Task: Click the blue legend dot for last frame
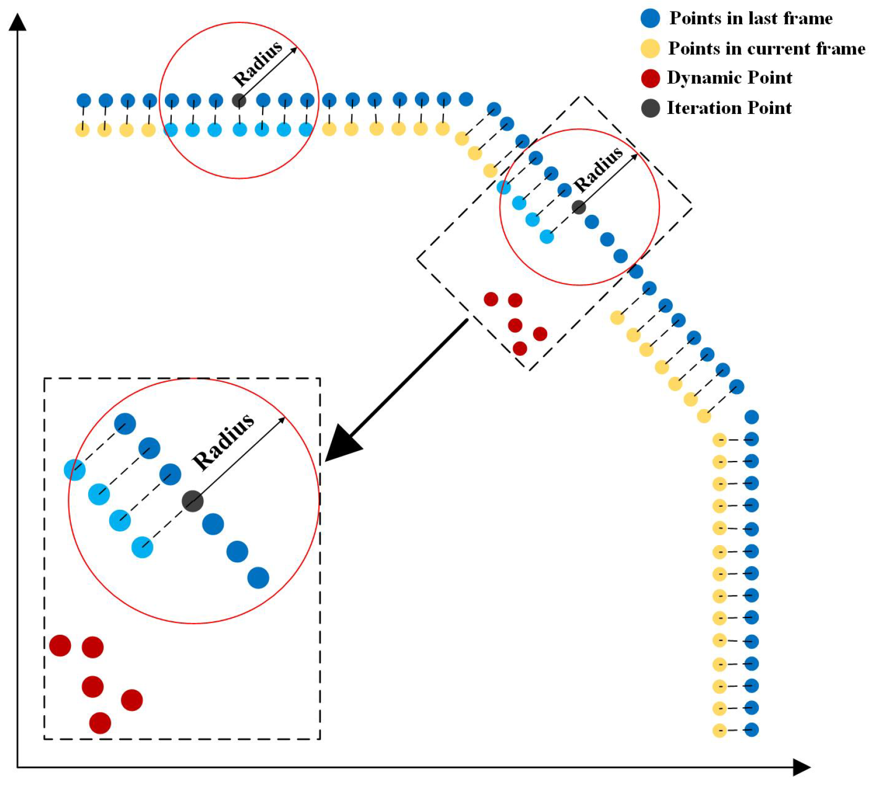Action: (650, 18)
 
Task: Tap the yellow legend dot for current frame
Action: (650, 48)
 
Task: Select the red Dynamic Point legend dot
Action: (650, 78)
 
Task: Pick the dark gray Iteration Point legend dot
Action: (650, 108)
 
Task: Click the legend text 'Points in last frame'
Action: (751, 18)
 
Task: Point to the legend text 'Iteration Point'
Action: (729, 108)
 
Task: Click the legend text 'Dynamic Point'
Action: (730, 78)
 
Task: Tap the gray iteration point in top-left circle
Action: (239, 100)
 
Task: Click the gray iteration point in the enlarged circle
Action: (193, 501)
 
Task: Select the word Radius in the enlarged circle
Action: (223, 442)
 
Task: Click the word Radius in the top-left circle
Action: (257, 64)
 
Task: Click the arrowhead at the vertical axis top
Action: (18, 22)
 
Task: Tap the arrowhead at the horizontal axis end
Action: (802, 767)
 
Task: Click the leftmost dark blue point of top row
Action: (84, 100)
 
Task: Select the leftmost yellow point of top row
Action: (82, 129)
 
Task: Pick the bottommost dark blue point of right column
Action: (752, 730)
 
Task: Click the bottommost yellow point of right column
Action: (720, 730)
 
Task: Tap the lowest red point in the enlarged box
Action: (100, 723)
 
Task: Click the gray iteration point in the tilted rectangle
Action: (579, 207)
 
